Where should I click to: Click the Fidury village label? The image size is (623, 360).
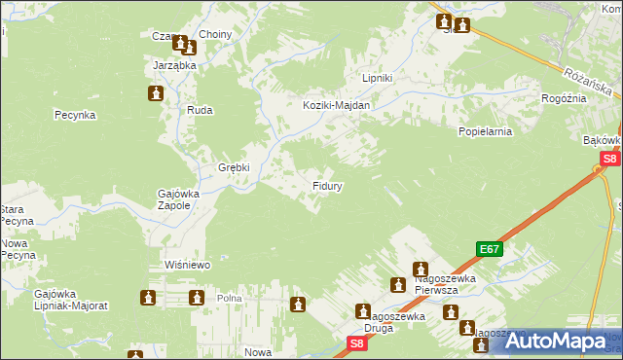[x=325, y=184]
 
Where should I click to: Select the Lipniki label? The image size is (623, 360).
[x=377, y=78]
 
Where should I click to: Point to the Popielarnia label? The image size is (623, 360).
[x=485, y=129]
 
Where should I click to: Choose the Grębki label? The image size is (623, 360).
[x=234, y=166]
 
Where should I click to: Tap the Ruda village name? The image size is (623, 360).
[x=200, y=111]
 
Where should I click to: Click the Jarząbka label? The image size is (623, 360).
[x=175, y=65]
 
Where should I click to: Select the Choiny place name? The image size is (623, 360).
[x=215, y=34]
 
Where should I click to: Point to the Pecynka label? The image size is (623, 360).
[x=74, y=114]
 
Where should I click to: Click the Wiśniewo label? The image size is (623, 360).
[x=188, y=265]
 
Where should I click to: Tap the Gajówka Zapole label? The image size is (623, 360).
[x=178, y=199]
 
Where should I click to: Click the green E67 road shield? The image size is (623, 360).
[x=490, y=249]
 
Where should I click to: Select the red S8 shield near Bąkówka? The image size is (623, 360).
[x=609, y=158]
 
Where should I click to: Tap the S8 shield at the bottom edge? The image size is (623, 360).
[x=357, y=343]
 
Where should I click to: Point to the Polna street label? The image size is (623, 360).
[x=229, y=299]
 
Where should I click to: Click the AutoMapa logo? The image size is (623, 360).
[x=555, y=342]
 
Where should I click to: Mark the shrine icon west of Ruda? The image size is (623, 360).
[x=155, y=93]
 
